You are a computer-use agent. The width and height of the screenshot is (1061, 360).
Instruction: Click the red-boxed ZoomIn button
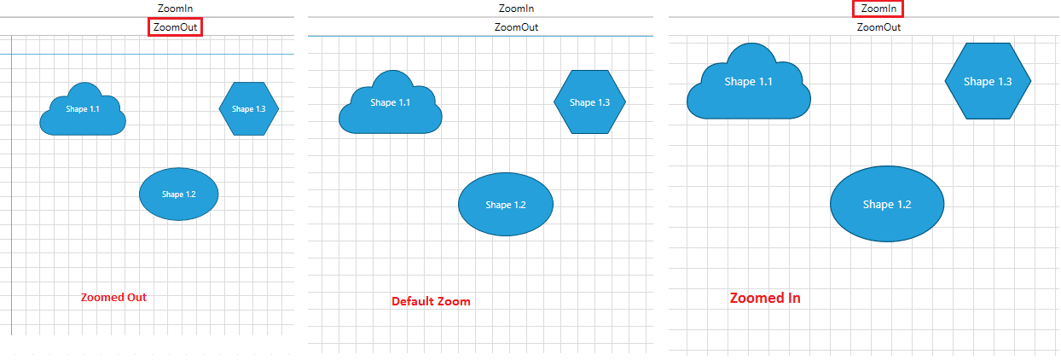[878, 9]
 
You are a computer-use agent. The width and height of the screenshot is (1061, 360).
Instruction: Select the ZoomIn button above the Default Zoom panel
[517, 9]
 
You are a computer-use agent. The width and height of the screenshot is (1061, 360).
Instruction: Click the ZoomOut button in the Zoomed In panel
[878, 27]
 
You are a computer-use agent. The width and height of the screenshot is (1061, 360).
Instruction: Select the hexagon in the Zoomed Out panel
[249, 109]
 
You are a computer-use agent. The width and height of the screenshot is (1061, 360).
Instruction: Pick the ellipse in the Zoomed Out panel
[179, 195]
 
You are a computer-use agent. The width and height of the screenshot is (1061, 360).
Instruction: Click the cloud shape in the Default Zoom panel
[391, 107]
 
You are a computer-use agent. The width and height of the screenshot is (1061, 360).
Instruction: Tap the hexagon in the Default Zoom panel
[590, 102]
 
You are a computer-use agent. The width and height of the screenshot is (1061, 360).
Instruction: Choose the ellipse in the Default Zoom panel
[506, 205]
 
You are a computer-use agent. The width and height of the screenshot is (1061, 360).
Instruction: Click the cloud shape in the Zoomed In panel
[749, 85]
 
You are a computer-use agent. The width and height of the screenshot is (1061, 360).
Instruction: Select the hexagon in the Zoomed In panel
[988, 82]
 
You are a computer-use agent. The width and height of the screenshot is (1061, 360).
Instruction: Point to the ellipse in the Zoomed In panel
[887, 205]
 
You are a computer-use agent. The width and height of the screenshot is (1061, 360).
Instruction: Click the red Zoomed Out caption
[113, 298]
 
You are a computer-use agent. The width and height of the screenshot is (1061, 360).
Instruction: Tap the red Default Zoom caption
[431, 301]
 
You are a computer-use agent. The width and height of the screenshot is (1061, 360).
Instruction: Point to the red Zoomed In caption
[765, 299]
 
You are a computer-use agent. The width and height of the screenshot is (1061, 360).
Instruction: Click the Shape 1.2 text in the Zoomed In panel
[887, 205]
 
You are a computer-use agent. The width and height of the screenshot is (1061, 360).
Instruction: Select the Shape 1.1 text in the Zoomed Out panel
[83, 109]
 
